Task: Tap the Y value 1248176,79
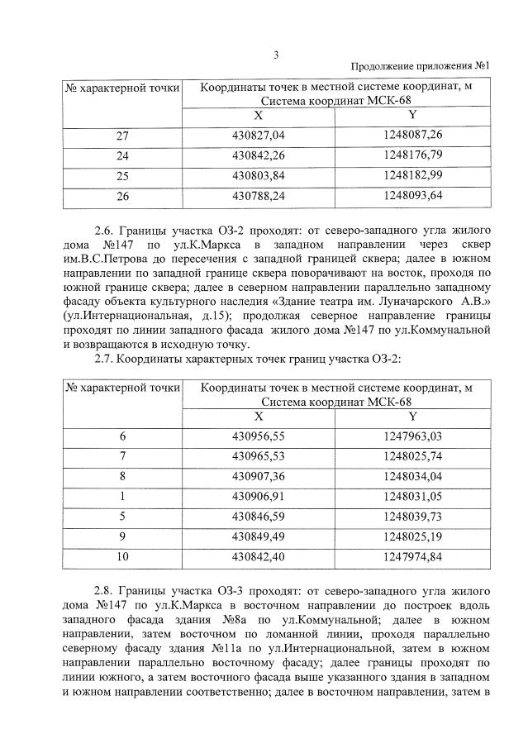coord(413,155)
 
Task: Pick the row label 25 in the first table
coord(122,176)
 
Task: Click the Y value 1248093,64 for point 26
coord(413,197)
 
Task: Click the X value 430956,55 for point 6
coord(258,435)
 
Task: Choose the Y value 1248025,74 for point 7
coord(413,455)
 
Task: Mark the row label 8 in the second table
coord(122,476)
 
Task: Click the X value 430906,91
coord(258,497)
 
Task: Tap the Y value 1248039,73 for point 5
coord(413,517)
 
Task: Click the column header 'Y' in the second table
coord(413,415)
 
